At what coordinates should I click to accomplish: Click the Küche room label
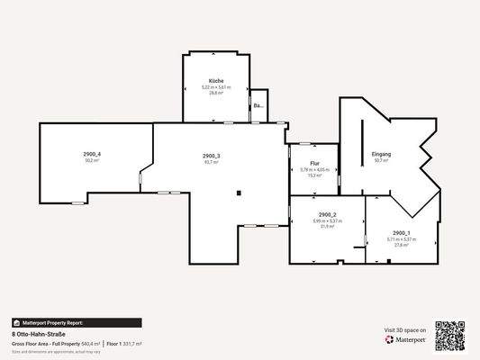click(216, 81)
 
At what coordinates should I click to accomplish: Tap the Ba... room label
click(258, 106)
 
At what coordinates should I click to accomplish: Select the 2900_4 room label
click(92, 154)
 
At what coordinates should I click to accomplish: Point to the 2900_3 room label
click(212, 156)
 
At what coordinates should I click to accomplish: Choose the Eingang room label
click(381, 155)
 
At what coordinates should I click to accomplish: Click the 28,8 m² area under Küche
click(216, 93)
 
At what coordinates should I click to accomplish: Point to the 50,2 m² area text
click(91, 160)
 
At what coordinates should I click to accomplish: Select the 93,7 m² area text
click(212, 162)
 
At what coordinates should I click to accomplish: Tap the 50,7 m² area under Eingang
click(381, 161)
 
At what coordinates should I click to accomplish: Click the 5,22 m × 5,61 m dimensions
click(216, 87)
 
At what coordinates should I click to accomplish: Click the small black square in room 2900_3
click(239, 191)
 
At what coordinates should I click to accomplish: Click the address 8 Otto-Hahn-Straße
click(39, 334)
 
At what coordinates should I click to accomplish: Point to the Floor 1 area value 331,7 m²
click(132, 343)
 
